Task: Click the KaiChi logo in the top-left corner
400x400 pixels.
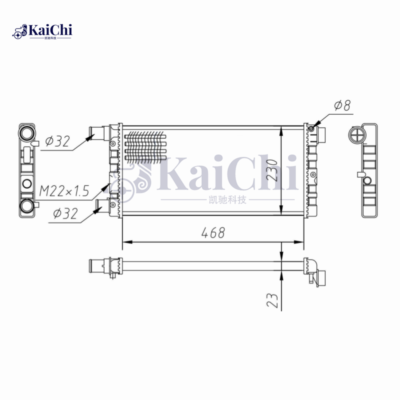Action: [x=42, y=31]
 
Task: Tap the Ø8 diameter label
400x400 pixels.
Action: [x=342, y=105]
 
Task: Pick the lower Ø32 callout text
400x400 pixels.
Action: [x=65, y=214]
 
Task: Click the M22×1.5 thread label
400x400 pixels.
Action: [x=63, y=190]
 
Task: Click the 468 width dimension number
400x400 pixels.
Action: [x=213, y=232]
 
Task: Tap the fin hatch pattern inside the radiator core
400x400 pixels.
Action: [x=145, y=146]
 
